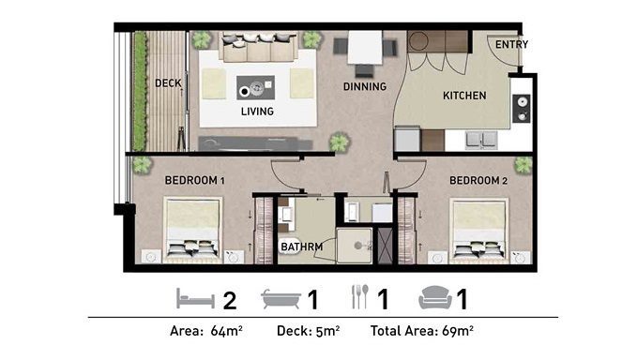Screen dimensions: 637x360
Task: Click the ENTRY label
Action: click(x=511, y=44)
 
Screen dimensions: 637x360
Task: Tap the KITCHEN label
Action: click(x=464, y=96)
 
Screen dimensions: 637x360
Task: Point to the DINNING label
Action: click(x=364, y=86)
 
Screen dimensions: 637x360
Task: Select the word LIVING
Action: click(x=257, y=112)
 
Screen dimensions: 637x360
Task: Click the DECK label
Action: click(x=168, y=83)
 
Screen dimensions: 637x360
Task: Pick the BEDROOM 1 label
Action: click(x=194, y=180)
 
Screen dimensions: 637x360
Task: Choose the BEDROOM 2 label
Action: click(x=478, y=180)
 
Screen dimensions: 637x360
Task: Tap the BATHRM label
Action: click(x=302, y=247)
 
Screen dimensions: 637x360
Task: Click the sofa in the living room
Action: click(x=258, y=47)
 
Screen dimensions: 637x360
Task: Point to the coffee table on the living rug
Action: click(x=255, y=87)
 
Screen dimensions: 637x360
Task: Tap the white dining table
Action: click(x=365, y=47)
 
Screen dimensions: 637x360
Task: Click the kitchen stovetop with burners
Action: click(x=522, y=108)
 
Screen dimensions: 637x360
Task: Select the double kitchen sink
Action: click(x=481, y=140)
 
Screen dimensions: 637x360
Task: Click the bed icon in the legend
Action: click(x=195, y=299)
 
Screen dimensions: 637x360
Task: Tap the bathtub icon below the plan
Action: click(x=281, y=299)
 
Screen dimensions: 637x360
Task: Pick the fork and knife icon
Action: click(x=360, y=296)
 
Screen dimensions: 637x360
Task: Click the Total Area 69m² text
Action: click(x=421, y=331)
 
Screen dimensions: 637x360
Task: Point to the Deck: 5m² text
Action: click(x=309, y=331)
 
